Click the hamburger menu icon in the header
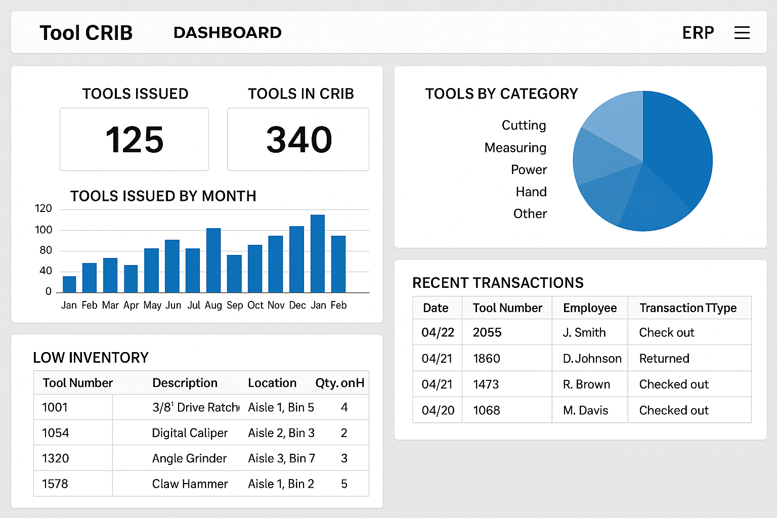(742, 33)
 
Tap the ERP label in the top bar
(698, 33)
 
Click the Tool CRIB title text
(86, 33)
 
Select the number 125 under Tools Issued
(135, 140)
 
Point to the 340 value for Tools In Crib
(299, 140)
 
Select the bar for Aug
(213, 260)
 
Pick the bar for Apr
(131, 279)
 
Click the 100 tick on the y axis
(44, 230)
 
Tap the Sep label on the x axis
(235, 305)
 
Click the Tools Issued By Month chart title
(163, 196)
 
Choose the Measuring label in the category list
(515, 148)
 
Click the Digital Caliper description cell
(190, 433)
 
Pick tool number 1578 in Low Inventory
(55, 484)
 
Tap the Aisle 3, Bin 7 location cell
(281, 458)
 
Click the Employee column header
(589, 308)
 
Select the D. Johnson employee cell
(592, 359)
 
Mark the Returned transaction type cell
(664, 359)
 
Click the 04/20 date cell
(438, 410)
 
